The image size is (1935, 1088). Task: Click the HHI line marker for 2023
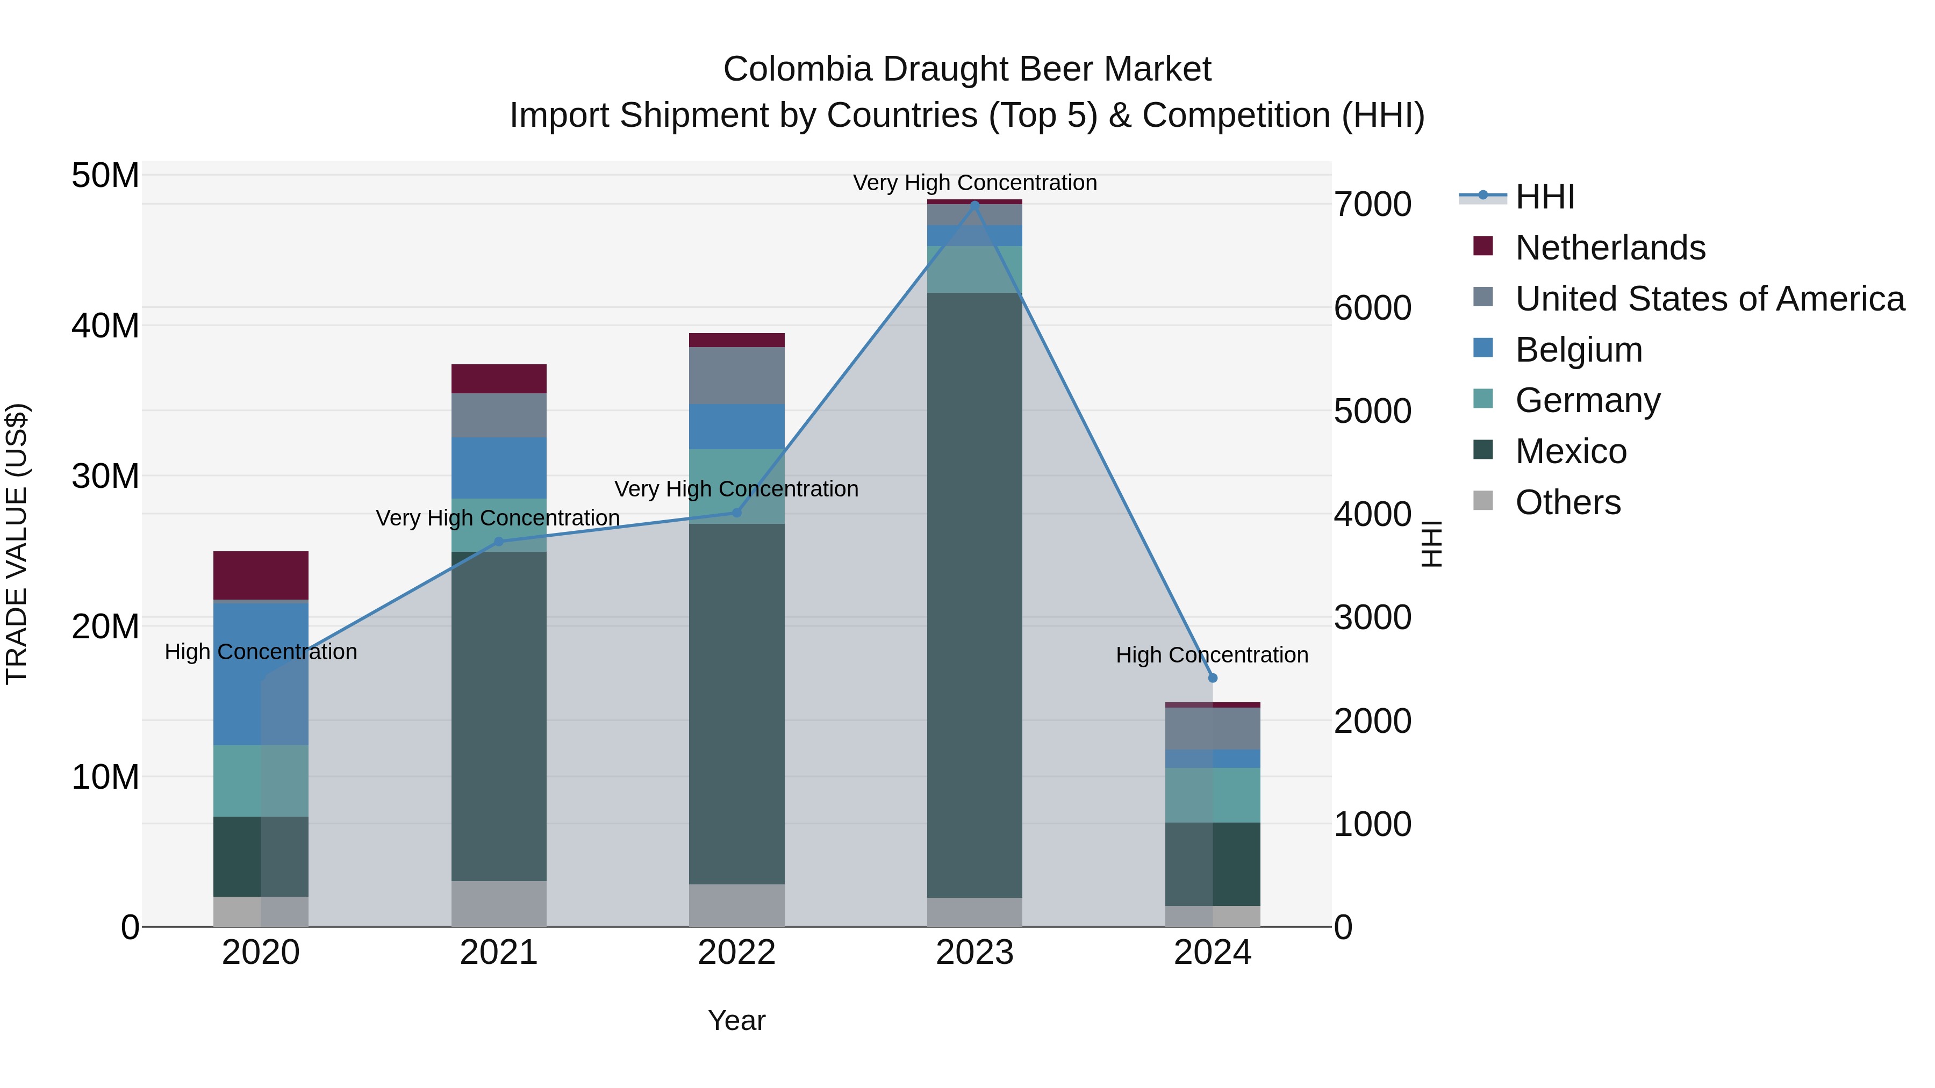coord(974,204)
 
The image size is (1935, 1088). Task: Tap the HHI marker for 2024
coord(1213,678)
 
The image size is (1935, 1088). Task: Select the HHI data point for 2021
coord(499,542)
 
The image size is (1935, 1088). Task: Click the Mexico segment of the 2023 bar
coord(974,593)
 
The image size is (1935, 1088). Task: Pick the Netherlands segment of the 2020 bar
coord(261,575)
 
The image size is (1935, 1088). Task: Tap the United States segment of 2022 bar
coord(736,376)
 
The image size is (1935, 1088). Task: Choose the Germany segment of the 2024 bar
coord(1213,795)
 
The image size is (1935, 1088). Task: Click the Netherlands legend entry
coord(1610,248)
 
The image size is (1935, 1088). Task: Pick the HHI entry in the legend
coord(1544,197)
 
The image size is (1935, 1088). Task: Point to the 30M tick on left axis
coord(105,476)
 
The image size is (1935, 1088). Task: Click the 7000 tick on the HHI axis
coord(1372,204)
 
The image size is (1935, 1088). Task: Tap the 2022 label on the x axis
coord(736,953)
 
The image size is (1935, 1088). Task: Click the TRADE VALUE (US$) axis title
coord(17,544)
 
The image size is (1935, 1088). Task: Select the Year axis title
coord(736,1020)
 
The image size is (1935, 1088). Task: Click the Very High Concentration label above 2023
coord(974,183)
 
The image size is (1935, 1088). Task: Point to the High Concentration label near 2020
coord(261,652)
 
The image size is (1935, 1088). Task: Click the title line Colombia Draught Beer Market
coord(967,69)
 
